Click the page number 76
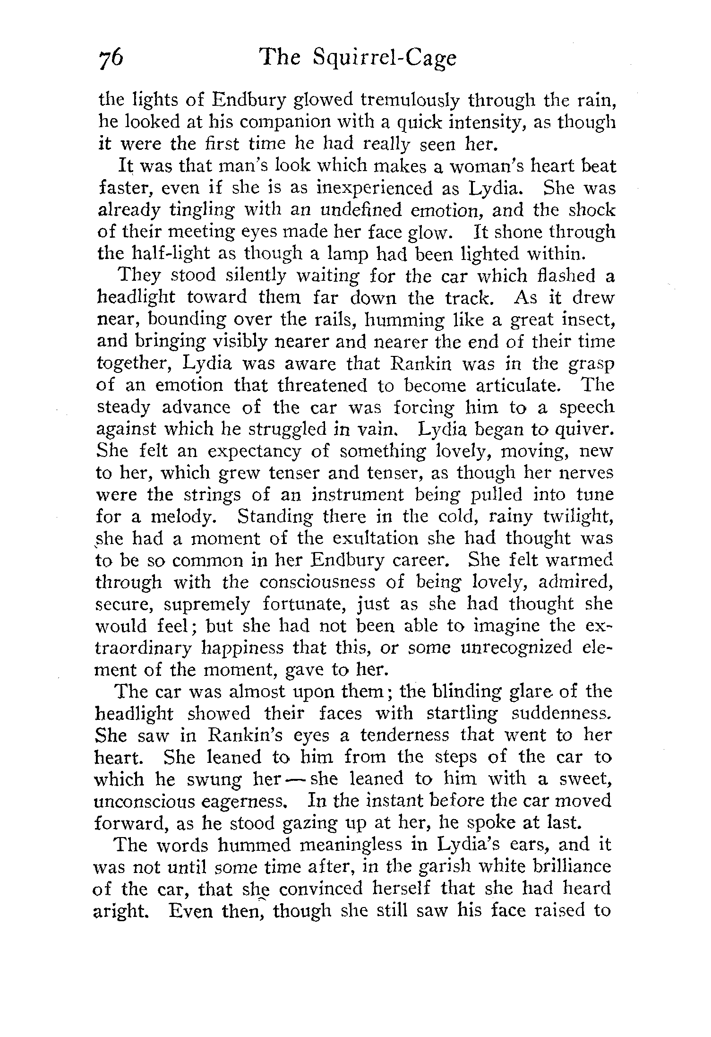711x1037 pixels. pyautogui.click(x=111, y=60)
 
